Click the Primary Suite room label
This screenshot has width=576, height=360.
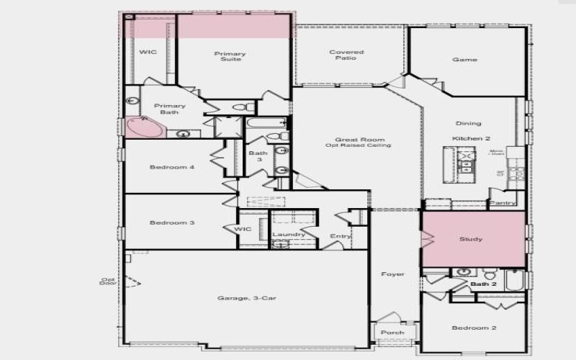(x=230, y=56)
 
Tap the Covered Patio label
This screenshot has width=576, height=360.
(x=346, y=55)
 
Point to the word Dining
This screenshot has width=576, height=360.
(x=469, y=123)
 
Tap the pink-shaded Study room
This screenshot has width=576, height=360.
(x=472, y=239)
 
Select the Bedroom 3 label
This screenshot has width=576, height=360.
(x=172, y=223)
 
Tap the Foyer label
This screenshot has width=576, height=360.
(x=393, y=274)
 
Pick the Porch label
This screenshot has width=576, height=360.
(x=392, y=333)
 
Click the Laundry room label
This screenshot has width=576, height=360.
(x=289, y=235)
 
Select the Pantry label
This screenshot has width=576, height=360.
(x=502, y=203)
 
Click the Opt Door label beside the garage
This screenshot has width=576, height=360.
(x=107, y=281)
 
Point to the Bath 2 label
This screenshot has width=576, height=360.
(x=484, y=284)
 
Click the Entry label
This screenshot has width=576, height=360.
(x=340, y=236)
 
